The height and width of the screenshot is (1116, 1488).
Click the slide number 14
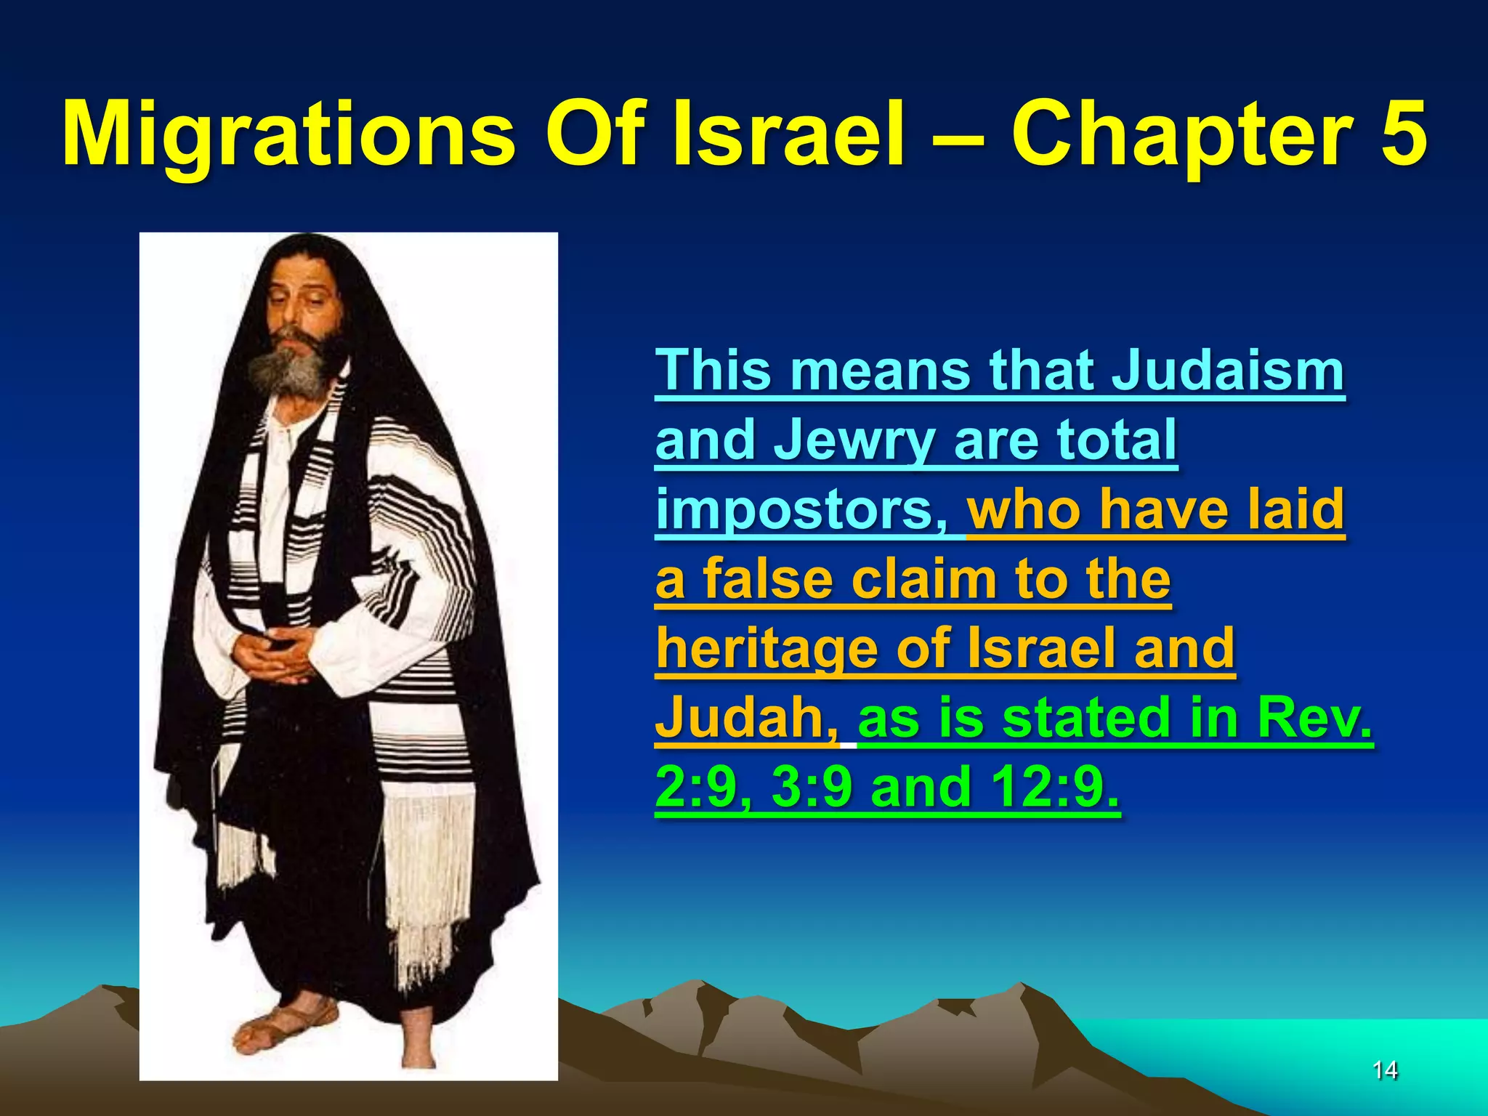1385,1069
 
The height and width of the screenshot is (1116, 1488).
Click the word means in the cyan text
880,371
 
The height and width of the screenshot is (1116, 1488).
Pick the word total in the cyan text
1116,440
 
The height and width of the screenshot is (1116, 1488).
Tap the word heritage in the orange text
767,649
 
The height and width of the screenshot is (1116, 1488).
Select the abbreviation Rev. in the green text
1314,717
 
